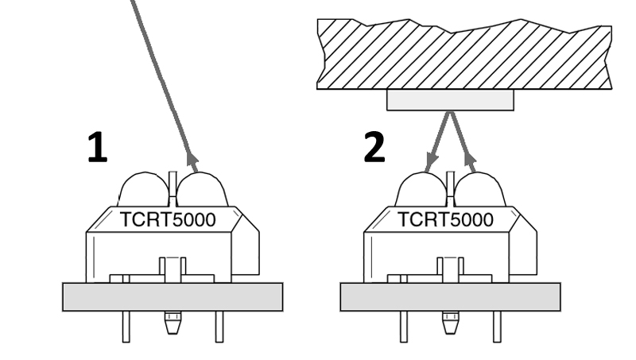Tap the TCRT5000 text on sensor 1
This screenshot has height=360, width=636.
168,220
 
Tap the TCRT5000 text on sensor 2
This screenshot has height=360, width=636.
445,220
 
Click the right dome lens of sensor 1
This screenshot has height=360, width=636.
202,192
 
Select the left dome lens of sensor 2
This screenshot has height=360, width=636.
421,192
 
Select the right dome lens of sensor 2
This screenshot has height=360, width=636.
479,192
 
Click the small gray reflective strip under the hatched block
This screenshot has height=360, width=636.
450,100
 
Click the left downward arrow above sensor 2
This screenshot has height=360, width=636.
429,163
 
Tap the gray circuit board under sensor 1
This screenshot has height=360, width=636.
173,296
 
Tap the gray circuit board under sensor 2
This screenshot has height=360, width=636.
450,296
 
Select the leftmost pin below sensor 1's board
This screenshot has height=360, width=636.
126,326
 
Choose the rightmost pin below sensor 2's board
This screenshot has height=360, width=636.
497,326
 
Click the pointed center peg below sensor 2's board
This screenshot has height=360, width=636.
450,323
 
